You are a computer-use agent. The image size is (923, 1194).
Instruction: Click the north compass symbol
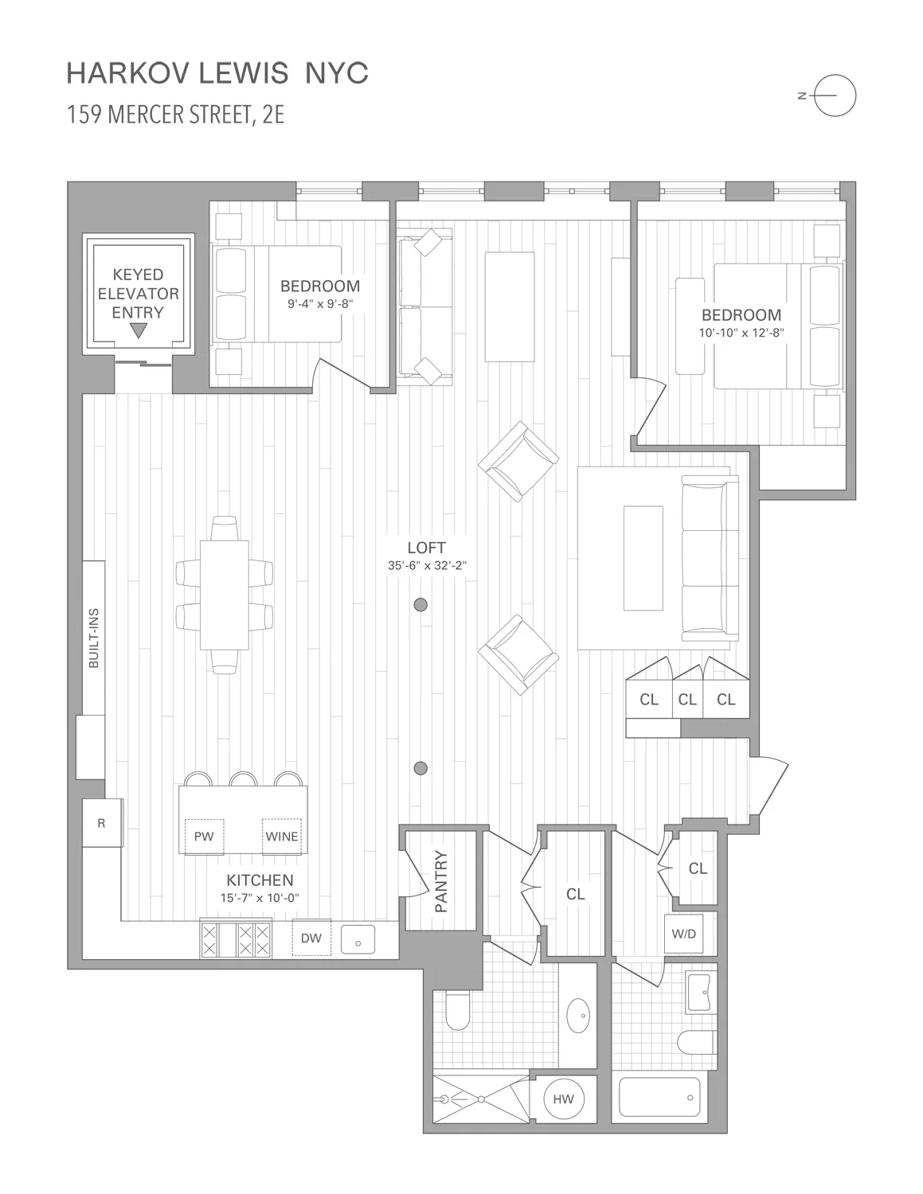coord(834,96)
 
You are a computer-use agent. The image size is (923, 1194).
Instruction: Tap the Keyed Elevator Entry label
coord(138,294)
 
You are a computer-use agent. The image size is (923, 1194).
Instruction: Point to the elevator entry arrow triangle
coord(139,331)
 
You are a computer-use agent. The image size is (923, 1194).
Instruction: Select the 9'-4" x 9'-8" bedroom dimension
coord(319,303)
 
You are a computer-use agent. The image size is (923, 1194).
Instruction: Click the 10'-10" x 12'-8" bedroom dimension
coord(741,333)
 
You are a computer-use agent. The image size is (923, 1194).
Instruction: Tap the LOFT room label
coord(426,548)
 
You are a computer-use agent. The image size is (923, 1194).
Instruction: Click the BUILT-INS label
coord(93,638)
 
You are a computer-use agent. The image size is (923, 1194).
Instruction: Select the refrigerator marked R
coord(102,824)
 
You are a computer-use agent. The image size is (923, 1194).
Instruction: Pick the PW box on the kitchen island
coord(205,836)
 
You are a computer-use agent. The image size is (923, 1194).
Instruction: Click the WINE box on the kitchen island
coord(282,836)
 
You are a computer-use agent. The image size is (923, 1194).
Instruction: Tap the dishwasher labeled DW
coord(311,938)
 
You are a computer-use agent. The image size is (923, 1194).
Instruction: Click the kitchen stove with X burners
coord(237,939)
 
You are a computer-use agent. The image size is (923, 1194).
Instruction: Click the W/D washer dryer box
coord(683,934)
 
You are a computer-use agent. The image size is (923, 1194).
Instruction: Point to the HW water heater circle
coord(563,1099)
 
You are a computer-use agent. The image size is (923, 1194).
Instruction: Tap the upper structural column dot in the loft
coord(421,604)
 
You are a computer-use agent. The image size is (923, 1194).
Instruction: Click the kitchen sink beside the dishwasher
coord(358,940)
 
